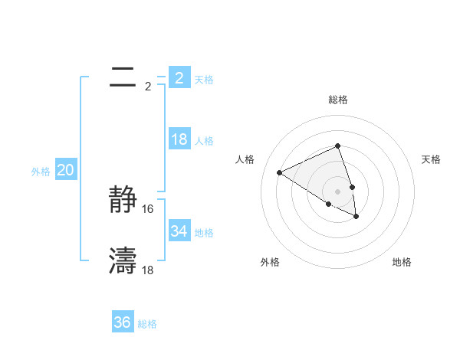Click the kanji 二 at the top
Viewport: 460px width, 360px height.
click(123, 77)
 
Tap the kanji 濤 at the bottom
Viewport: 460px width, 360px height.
click(123, 261)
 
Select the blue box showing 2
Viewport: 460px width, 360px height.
click(179, 78)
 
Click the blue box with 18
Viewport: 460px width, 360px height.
click(179, 140)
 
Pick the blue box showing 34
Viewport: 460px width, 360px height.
click(179, 231)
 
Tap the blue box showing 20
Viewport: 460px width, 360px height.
click(65, 170)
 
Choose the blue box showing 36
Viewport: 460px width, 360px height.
click(122, 322)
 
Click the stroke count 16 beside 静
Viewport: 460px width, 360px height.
click(148, 208)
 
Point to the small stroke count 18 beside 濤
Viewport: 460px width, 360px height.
click(148, 270)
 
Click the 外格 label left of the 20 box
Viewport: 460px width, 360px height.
click(41, 172)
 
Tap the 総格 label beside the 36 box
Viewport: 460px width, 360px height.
click(147, 324)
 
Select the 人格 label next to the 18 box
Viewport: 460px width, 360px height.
click(204, 141)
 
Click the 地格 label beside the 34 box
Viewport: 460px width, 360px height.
click(204, 232)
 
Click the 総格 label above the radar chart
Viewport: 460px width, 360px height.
click(337, 100)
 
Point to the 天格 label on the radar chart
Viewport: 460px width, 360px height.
click(432, 159)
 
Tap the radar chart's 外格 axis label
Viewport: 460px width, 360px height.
click(270, 262)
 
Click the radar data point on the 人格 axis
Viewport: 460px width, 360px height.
click(280, 173)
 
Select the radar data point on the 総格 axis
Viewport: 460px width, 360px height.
click(337, 146)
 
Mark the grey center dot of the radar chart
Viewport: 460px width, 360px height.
click(337, 191)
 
